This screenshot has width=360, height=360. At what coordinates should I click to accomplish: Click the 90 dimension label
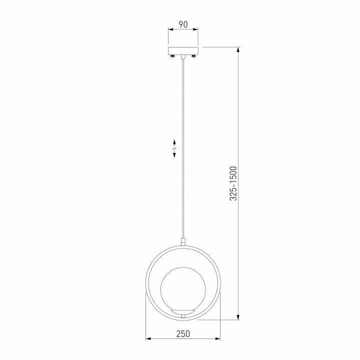click(183, 24)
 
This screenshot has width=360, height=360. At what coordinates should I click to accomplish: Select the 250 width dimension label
click(183, 334)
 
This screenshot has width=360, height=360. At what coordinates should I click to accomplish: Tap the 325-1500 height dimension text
click(233, 183)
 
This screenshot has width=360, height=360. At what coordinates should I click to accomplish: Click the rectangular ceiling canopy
click(183, 50)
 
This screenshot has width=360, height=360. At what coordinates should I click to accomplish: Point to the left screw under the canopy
click(172, 56)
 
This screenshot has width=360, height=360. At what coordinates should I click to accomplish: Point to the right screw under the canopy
click(194, 56)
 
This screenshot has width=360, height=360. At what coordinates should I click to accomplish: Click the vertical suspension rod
click(183, 149)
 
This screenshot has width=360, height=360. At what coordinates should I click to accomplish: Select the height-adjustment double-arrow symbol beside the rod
click(174, 148)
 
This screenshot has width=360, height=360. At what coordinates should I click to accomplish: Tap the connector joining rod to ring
click(183, 242)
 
